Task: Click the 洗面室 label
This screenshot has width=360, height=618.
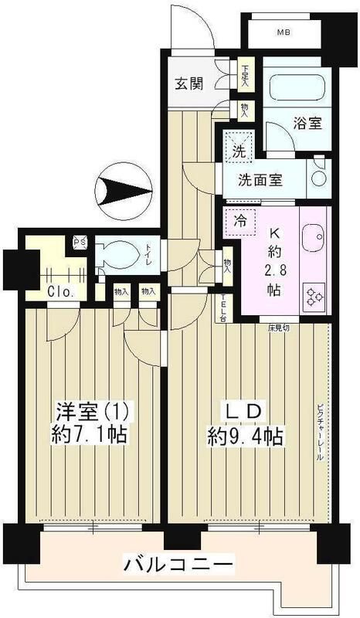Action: (x=259, y=182)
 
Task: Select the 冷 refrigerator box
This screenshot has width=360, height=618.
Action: (x=240, y=220)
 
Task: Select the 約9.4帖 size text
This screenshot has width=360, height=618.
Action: (x=243, y=437)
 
